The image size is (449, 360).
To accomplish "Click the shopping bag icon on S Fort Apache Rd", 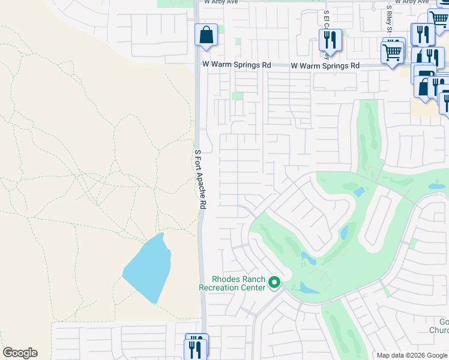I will point(206,35).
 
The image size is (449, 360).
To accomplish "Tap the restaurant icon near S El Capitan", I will point(330,40).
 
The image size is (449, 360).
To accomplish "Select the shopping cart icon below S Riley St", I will point(393,52).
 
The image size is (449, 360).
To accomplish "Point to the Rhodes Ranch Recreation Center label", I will point(232,283).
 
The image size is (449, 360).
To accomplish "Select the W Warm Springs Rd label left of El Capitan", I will point(237,65).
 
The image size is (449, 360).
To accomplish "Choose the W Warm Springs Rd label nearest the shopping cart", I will point(325,65).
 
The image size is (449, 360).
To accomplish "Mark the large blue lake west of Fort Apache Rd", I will point(148,268).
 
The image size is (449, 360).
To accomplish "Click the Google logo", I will point(20,353).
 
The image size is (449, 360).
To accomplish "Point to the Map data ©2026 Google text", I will point(411,355).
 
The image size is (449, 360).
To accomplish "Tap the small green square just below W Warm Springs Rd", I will point(238,95).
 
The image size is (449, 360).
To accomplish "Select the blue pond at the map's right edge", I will point(437,187).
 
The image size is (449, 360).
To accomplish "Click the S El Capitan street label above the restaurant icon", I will point(327,18).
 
